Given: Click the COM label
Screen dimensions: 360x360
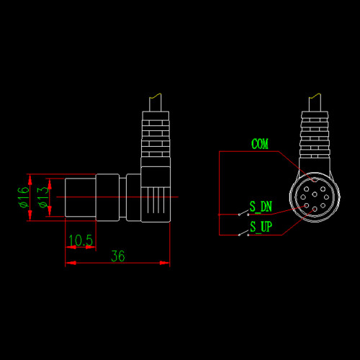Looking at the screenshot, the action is (x=260, y=144).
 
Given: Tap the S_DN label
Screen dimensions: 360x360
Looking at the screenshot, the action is (x=261, y=207).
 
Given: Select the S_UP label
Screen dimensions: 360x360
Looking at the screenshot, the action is (x=261, y=227).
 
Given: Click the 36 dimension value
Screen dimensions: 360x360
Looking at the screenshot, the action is (x=118, y=256).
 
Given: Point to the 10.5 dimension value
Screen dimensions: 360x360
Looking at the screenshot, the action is (x=81, y=240).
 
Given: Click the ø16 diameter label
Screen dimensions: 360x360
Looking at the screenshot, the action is (x=24, y=197).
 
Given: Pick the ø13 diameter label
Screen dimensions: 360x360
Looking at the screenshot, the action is (x=43, y=197).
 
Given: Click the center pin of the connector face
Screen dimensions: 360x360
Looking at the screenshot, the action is (x=315, y=194).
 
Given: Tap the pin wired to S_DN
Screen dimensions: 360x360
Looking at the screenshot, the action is (x=307, y=205).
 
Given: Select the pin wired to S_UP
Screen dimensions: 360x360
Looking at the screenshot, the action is (x=315, y=210).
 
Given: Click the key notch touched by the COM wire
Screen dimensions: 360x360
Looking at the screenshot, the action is (x=315, y=179).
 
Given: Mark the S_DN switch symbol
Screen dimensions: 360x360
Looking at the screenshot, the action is (x=243, y=212).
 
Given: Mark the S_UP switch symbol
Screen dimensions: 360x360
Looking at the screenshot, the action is (x=243, y=233).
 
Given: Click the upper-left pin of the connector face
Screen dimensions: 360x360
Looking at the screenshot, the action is (x=306, y=189).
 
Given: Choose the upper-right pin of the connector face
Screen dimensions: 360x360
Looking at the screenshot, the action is (x=323, y=189).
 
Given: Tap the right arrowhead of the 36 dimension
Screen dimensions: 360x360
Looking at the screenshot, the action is (x=165, y=263).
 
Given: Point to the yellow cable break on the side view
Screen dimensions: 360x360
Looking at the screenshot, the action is (x=155, y=96).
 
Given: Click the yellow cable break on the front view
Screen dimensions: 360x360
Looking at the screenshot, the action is (x=315, y=96).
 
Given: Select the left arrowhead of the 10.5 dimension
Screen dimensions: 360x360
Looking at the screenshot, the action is (x=71, y=247).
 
